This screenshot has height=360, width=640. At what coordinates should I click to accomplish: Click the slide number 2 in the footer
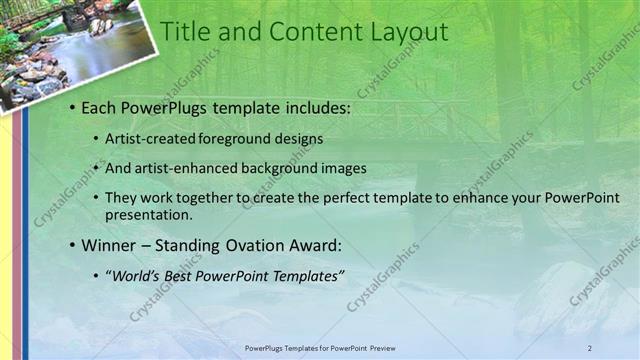point(590,347)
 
